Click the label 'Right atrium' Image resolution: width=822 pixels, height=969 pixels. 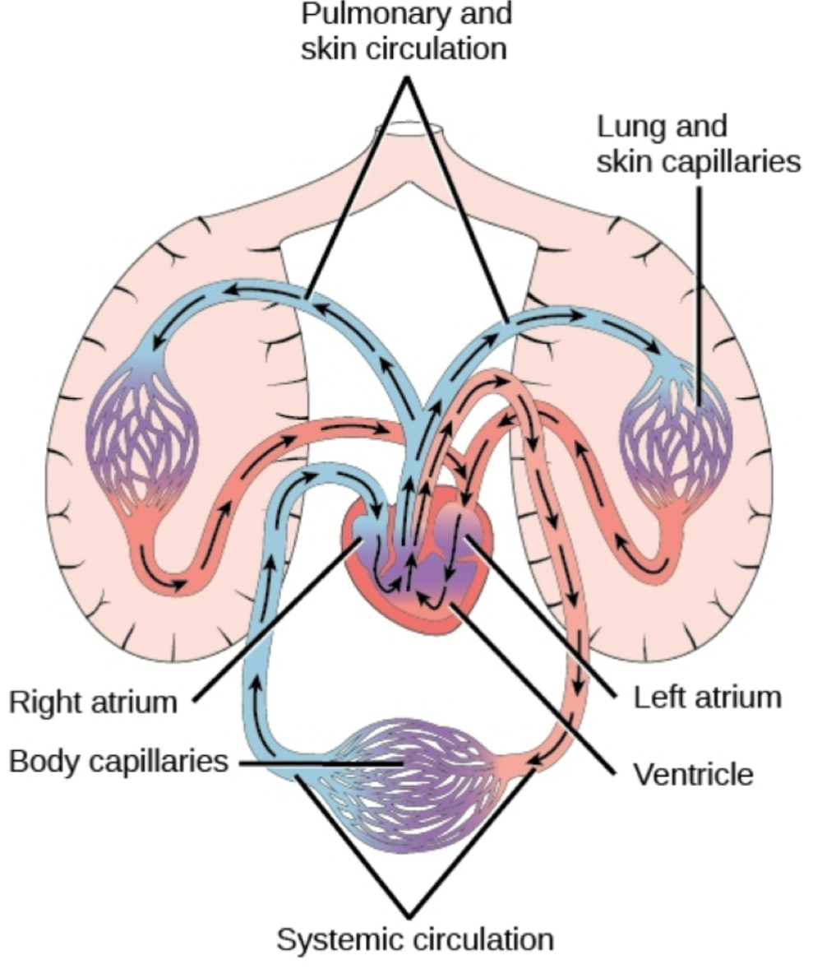click(94, 702)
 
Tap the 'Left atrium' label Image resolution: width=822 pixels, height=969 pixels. click(706, 698)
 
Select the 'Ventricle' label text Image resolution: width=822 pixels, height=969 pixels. click(693, 773)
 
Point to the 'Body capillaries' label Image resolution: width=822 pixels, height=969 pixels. click(118, 761)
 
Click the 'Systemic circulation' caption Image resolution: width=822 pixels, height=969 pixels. click(414, 939)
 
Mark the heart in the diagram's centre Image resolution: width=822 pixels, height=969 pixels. click(419, 559)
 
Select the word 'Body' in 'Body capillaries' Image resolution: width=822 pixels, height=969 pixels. click(42, 761)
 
